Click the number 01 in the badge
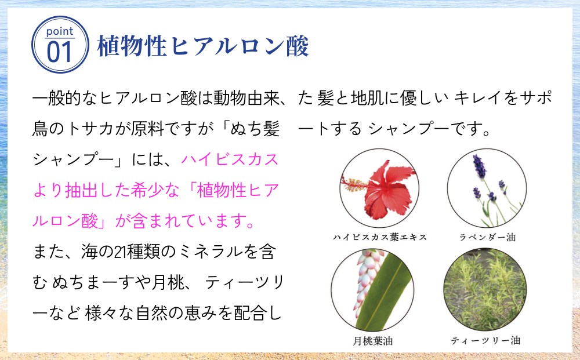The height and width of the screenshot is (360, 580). pos(59,53)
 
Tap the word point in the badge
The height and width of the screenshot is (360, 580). pos(60,31)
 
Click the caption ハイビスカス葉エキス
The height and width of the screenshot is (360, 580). pos(380,237)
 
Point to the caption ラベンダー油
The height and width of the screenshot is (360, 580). pos(487,237)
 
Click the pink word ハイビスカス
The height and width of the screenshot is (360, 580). pos(230,159)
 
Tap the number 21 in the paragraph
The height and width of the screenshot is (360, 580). pos(116,252)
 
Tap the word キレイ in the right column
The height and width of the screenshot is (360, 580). pos(475,97)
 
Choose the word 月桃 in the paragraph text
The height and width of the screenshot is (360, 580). pos(161,283)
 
